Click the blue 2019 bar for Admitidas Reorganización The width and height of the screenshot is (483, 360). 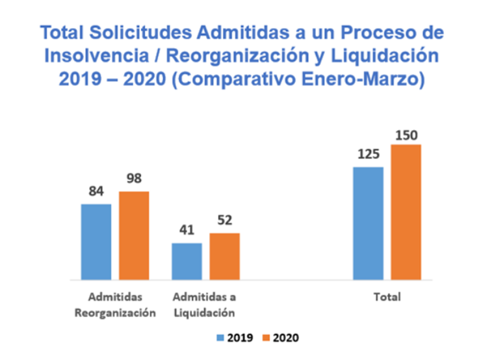[x=96, y=242]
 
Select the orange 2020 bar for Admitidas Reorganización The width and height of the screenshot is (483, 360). [x=134, y=235]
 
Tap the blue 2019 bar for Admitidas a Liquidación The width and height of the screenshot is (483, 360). [x=187, y=261]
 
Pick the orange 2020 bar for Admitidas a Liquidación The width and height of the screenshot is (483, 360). [x=224, y=256]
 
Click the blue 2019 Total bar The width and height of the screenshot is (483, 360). [x=368, y=224]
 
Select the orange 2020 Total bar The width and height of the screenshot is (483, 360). [x=406, y=212]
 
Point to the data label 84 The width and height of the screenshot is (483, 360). [x=96, y=192]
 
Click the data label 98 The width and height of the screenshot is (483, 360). [x=135, y=179]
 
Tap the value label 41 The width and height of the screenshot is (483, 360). [x=187, y=231]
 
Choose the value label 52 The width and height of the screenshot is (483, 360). [x=225, y=220]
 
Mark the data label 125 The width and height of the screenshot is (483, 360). [x=367, y=155]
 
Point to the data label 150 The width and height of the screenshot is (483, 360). [x=406, y=135]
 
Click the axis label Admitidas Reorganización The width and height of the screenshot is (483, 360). [x=114, y=305]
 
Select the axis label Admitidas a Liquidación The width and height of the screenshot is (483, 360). [x=203, y=305]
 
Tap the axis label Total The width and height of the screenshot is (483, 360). [x=387, y=298]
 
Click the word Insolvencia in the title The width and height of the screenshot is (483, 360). [x=87, y=55]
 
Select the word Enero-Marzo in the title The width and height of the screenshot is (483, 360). [x=373, y=79]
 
